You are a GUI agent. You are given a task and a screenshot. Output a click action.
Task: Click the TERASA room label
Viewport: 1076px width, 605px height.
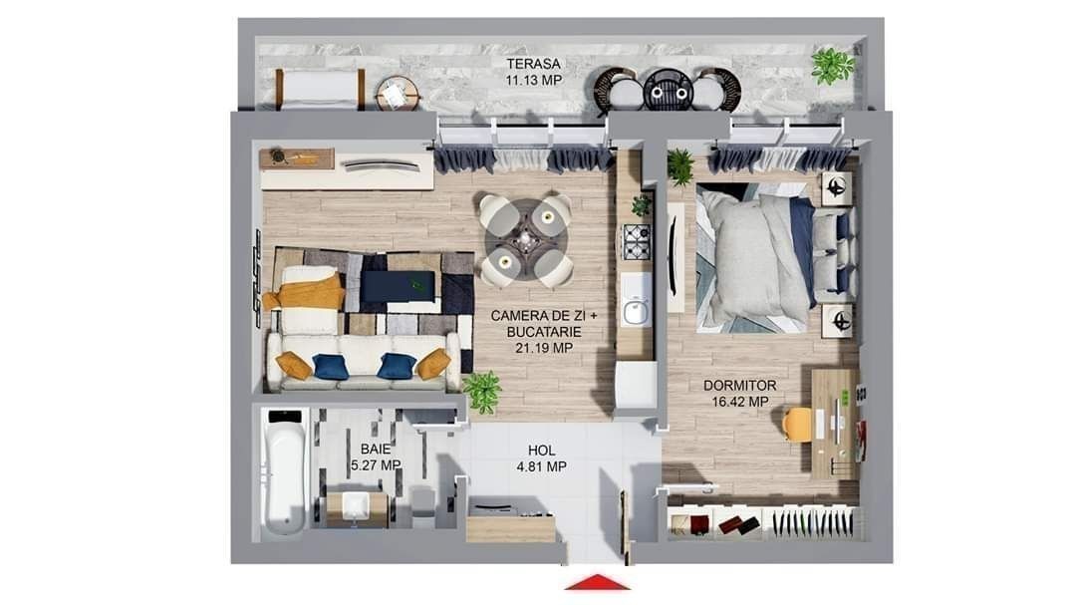click(533, 64)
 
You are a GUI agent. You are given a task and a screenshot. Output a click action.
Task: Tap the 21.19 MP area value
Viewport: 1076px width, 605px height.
click(544, 348)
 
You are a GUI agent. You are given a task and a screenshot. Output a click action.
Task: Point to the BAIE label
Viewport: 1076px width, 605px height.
click(376, 450)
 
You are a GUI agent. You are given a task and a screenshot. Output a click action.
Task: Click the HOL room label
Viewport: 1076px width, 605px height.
click(541, 451)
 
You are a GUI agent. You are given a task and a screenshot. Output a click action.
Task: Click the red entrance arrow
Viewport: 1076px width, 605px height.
click(597, 582)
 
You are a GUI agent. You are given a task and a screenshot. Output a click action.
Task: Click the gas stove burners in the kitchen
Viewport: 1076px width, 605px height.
click(636, 242)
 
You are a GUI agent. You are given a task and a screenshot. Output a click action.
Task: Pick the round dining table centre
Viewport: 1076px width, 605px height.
click(525, 239)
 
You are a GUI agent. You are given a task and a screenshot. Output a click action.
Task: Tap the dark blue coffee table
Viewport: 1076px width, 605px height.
click(398, 286)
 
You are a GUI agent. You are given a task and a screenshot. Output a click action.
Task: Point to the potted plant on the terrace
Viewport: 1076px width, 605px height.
click(832, 66)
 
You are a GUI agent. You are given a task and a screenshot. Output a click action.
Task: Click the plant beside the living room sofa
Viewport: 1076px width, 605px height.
click(483, 392)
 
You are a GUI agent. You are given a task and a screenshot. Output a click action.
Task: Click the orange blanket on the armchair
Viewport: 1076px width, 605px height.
click(306, 292)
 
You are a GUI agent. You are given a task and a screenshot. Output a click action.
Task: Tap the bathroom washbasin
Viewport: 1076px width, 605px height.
click(356, 506)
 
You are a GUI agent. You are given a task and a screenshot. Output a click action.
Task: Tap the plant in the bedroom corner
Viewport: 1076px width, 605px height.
click(679, 166)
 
